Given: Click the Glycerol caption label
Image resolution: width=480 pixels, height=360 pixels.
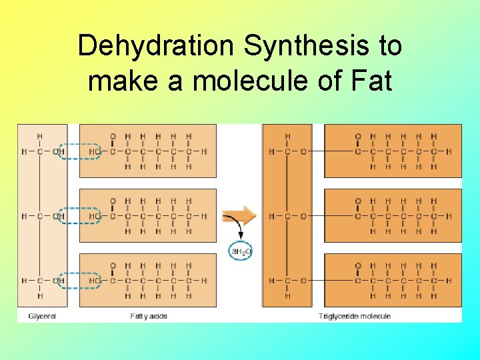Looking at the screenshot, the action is click(x=42, y=315).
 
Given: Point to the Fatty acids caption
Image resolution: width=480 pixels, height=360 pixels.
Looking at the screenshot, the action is click(x=149, y=315).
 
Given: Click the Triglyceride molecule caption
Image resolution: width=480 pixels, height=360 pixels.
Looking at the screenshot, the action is click(x=355, y=315).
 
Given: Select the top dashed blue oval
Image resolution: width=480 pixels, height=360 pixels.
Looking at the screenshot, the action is click(x=79, y=151).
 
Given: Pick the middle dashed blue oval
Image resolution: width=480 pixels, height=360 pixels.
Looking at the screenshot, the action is click(x=79, y=216).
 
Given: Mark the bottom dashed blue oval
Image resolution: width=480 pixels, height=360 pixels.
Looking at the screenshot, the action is click(x=79, y=281).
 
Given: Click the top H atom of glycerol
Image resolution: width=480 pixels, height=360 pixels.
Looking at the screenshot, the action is click(x=40, y=137).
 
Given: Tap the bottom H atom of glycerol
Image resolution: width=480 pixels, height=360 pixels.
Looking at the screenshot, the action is click(x=40, y=295).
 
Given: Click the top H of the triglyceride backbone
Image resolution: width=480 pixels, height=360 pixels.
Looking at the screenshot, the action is click(x=287, y=137).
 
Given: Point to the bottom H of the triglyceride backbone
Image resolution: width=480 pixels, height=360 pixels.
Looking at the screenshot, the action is click(x=287, y=295).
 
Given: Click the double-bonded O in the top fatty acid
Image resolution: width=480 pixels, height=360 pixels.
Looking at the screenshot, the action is click(x=112, y=137).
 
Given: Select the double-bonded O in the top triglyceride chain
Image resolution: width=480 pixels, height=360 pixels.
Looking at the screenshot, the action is click(x=358, y=137).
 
